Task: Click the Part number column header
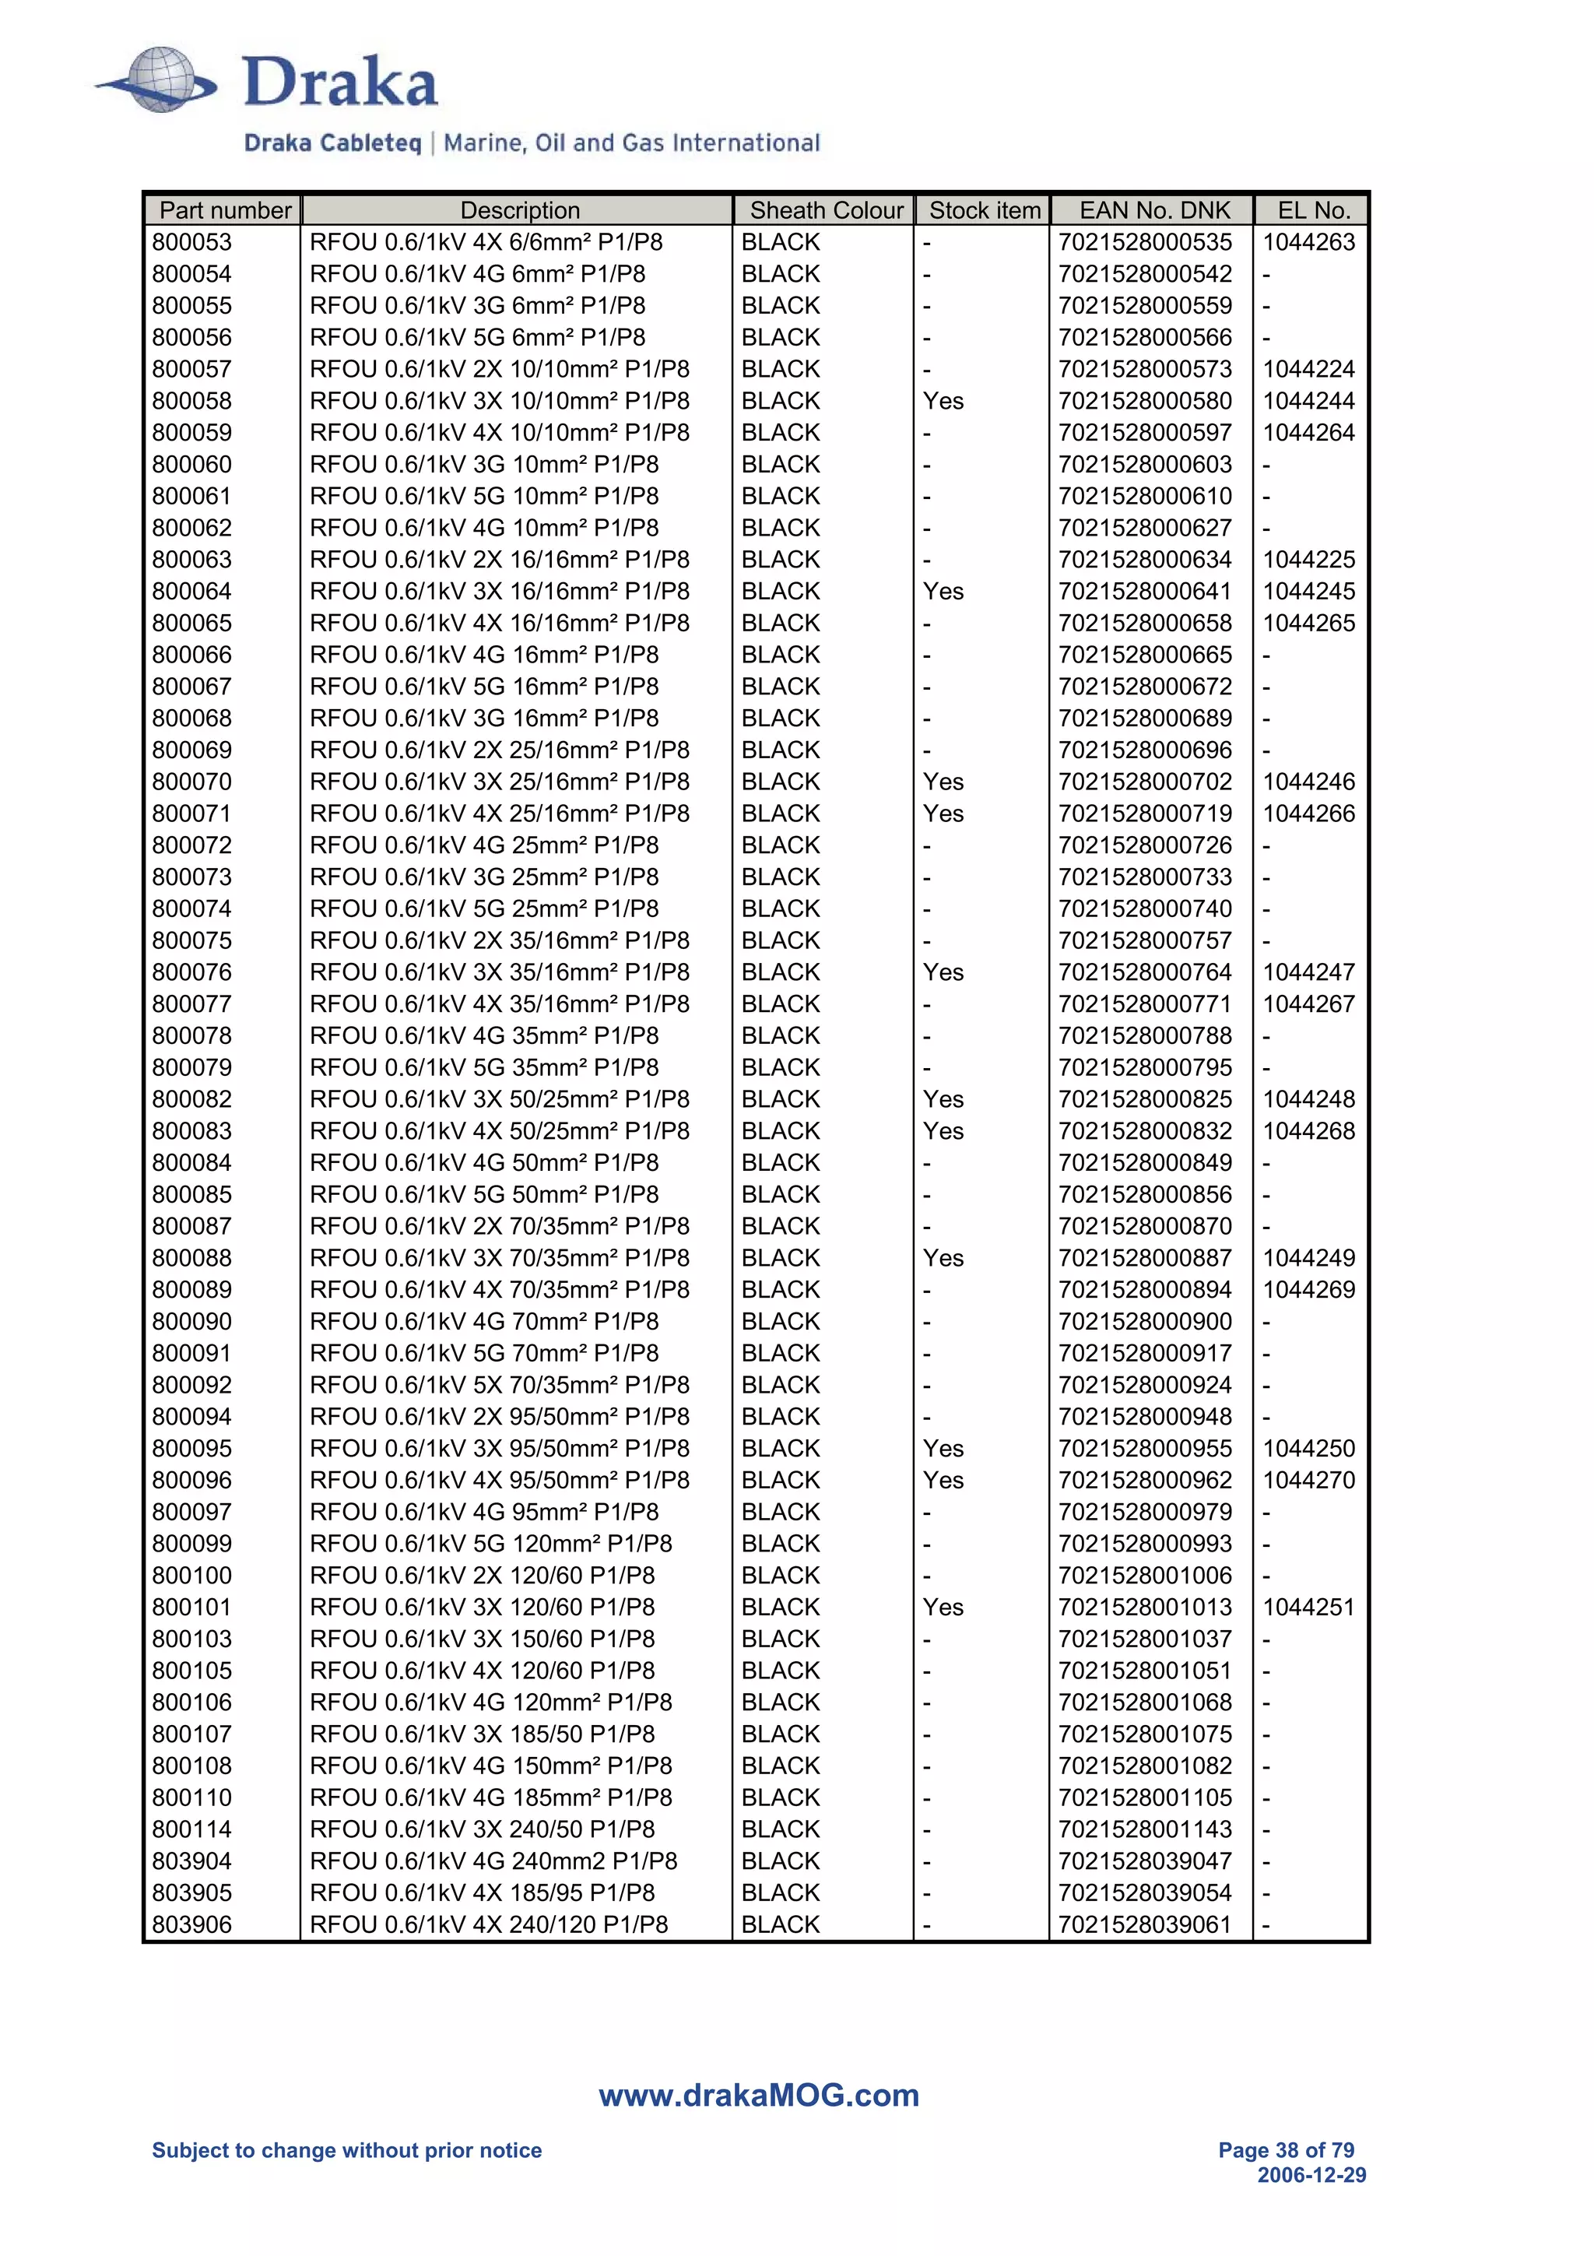(x=225, y=210)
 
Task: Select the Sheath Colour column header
(x=826, y=210)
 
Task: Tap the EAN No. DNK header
(x=1154, y=210)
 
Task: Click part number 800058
(x=191, y=401)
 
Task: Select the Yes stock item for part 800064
(x=943, y=592)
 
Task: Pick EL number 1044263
(x=1308, y=241)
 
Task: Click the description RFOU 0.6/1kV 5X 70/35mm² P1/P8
(x=499, y=1384)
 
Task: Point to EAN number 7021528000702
(x=1144, y=782)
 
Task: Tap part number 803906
(x=191, y=1924)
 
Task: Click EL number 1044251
(x=1308, y=1607)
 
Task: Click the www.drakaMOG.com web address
(x=758, y=2095)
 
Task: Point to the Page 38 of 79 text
(x=1286, y=2150)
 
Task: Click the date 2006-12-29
(x=1311, y=2175)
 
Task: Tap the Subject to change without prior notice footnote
(x=346, y=2150)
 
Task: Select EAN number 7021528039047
(x=1144, y=1861)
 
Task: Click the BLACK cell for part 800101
(x=780, y=1607)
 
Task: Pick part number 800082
(x=191, y=1099)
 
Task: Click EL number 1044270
(x=1308, y=1480)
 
